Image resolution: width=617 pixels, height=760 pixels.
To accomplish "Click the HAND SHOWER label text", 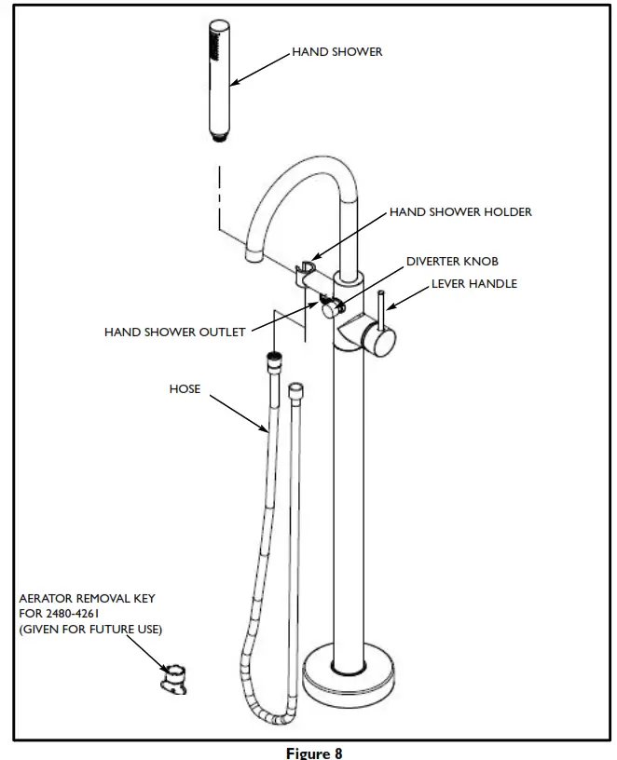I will tap(337, 52).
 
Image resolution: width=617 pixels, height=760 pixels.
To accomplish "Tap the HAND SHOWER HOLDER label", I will tap(460, 212).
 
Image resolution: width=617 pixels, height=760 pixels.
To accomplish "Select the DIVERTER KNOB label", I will tap(452, 262).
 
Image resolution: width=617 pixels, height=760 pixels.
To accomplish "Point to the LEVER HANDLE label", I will tap(473, 283).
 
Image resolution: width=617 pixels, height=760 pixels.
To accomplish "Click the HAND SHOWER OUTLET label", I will tap(174, 332).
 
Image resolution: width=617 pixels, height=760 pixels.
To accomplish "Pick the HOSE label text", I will tap(184, 388).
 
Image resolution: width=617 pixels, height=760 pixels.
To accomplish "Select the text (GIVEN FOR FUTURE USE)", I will tap(90, 630).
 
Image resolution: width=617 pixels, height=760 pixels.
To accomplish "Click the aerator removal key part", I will tap(174, 678).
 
